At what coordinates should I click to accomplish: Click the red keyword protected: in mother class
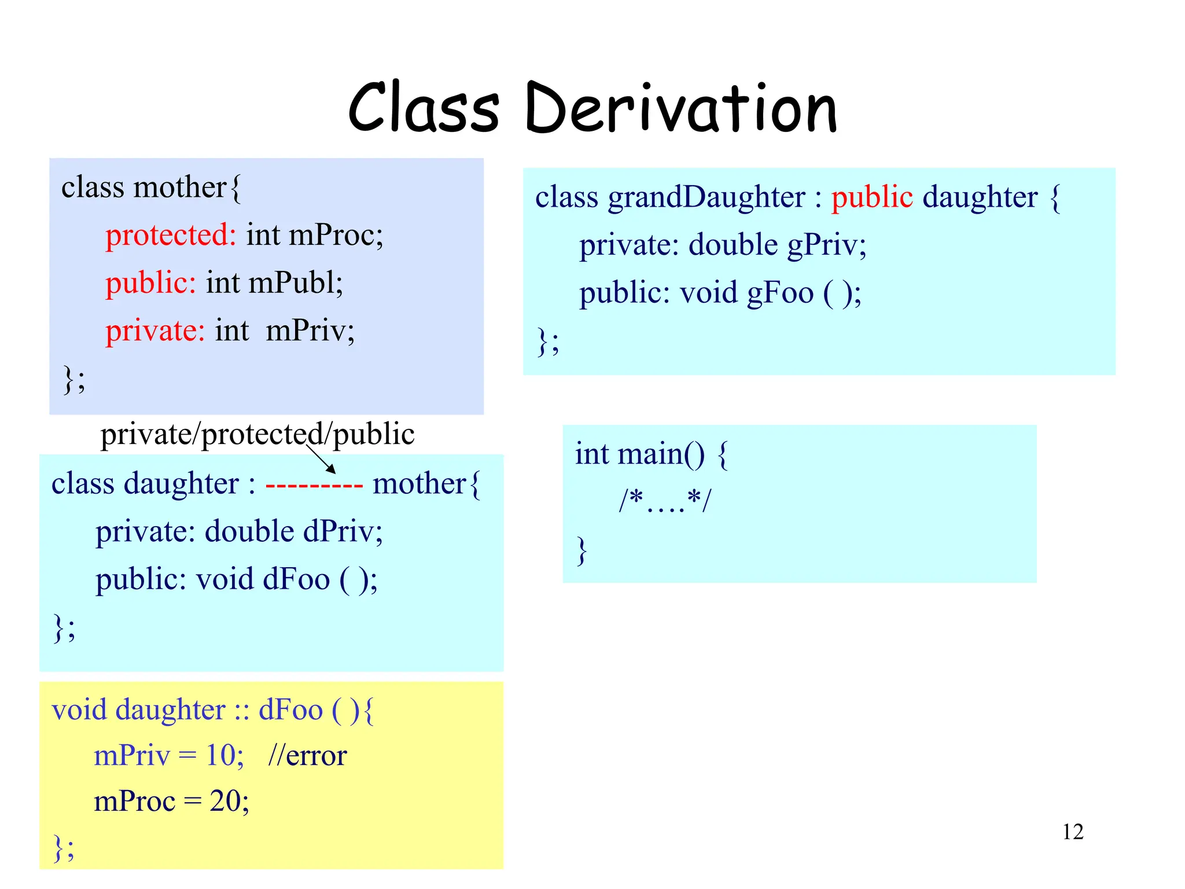pyautogui.click(x=171, y=236)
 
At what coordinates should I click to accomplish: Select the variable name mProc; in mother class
pyautogui.click(x=336, y=236)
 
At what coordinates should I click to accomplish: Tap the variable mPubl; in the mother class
pyautogui.click(x=296, y=284)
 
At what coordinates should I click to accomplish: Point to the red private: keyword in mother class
pyautogui.click(x=155, y=331)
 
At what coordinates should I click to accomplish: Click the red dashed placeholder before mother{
pyautogui.click(x=314, y=484)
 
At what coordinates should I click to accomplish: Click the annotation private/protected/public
pyautogui.click(x=257, y=434)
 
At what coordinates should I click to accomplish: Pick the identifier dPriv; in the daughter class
pyautogui.click(x=343, y=531)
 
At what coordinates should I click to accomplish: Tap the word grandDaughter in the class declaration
pyautogui.click(x=706, y=197)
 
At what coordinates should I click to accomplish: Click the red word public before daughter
pyautogui.click(x=872, y=197)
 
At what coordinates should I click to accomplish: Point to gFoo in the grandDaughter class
pyautogui.click(x=781, y=293)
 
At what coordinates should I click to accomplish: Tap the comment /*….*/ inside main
pyautogui.click(x=665, y=501)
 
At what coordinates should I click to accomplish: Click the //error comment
pyautogui.click(x=307, y=756)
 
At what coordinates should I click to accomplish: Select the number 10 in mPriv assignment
pyautogui.click(x=220, y=756)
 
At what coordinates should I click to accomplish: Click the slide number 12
pyautogui.click(x=1073, y=832)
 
